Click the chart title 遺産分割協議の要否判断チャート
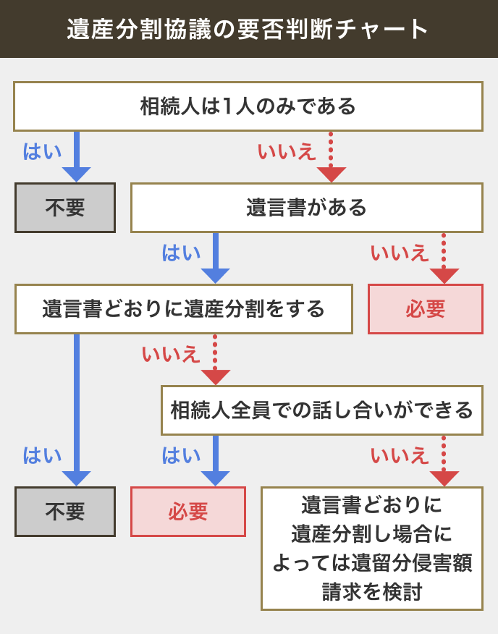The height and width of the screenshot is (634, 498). [x=248, y=29]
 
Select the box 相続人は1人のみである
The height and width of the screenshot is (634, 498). [x=248, y=106]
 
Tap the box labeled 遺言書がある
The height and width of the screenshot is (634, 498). [x=306, y=208]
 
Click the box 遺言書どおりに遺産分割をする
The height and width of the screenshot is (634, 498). [x=183, y=309]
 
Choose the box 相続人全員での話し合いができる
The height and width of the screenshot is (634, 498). [x=321, y=410]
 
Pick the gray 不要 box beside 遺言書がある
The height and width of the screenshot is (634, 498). [x=65, y=208]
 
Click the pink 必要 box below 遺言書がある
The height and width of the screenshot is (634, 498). [x=425, y=309]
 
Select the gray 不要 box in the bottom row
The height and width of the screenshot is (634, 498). [x=65, y=512]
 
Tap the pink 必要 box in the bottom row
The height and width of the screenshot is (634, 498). [x=188, y=512]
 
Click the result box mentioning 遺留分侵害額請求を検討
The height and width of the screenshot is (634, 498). [x=372, y=548]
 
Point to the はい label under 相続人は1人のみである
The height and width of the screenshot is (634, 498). [x=42, y=151]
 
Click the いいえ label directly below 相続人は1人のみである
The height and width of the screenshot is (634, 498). [x=287, y=151]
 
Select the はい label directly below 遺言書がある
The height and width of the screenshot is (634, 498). [x=181, y=253]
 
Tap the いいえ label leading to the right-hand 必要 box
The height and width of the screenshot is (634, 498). [x=400, y=253]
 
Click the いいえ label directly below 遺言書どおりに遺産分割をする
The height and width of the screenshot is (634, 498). [x=172, y=354]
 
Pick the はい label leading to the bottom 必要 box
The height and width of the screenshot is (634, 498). [x=181, y=456]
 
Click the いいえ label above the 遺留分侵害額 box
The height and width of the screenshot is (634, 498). [x=400, y=456]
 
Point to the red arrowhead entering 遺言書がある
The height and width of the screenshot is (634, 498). [x=331, y=174]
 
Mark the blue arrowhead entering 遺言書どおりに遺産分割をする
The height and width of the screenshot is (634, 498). [x=215, y=276]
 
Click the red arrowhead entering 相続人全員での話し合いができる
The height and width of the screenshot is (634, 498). [x=215, y=377]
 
